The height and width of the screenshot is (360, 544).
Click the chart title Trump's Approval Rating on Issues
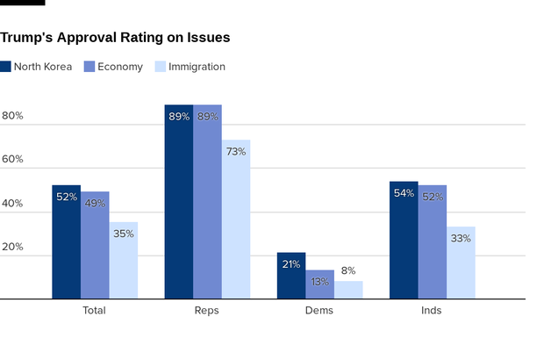coord(115,38)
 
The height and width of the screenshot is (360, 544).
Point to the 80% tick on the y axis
coord(12,116)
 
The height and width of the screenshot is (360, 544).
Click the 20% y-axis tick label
coord(12,247)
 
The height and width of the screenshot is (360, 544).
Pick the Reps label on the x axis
coord(207,311)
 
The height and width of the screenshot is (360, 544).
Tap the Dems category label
coord(319,311)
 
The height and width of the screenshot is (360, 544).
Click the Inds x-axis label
coord(432,311)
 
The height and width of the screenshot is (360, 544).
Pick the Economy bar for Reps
coord(207,202)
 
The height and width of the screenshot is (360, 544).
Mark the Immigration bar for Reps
coord(236,220)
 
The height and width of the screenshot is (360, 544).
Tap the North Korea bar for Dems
coord(291,276)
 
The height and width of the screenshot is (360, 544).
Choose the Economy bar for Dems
coord(319,284)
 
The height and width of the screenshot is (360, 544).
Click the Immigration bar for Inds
coord(461,263)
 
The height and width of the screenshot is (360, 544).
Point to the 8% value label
coord(348,271)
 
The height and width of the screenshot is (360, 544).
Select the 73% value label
coord(236,152)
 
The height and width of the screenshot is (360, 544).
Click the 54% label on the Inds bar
coord(404,193)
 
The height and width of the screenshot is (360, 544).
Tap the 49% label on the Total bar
coord(95,204)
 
